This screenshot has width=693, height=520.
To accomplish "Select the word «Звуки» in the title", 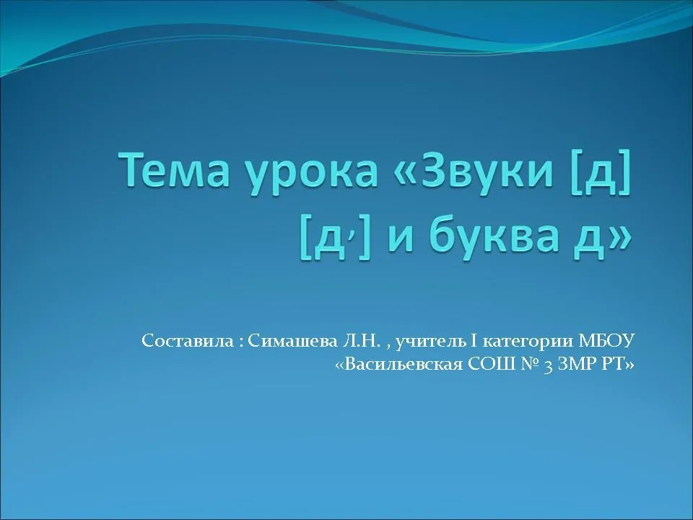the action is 480,170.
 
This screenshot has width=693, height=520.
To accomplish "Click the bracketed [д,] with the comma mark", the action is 335,236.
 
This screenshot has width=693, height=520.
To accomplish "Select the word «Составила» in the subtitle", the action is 188,341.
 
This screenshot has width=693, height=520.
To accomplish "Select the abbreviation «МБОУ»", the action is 606,341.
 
